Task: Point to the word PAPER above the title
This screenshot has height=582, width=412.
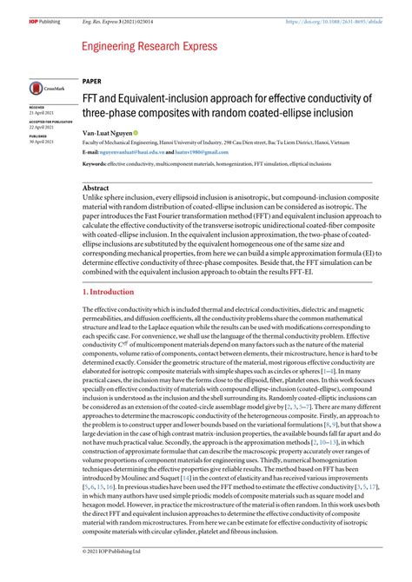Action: coord(92,78)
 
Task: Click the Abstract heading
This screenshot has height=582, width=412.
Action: coord(96,187)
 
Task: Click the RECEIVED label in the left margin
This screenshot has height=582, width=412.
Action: coord(37,108)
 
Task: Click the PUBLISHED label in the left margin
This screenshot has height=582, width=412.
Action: coord(38,136)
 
